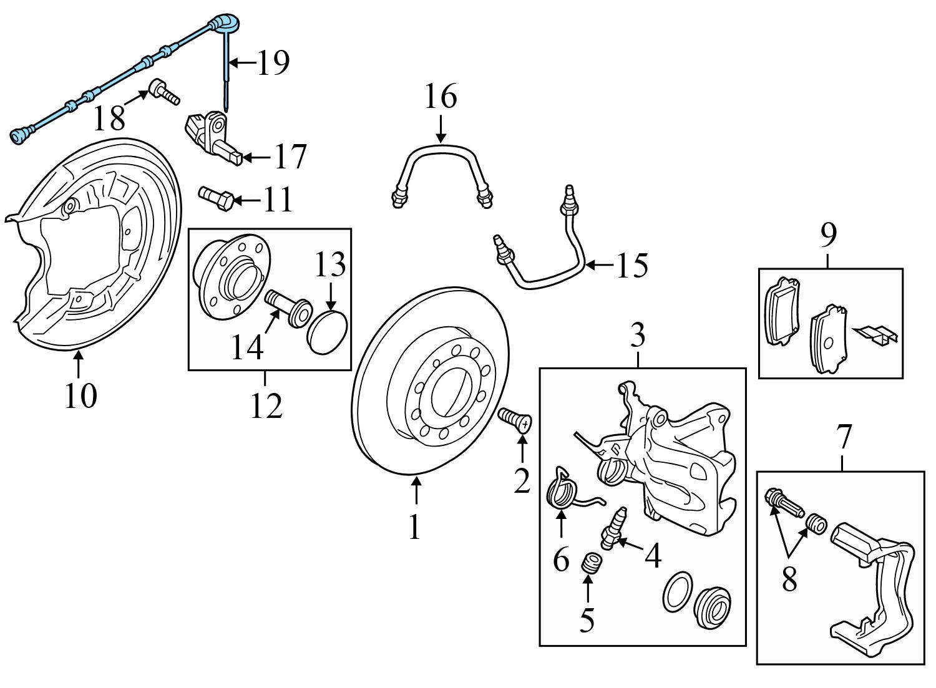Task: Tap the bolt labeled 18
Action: coord(165,92)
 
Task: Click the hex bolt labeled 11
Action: coord(215,199)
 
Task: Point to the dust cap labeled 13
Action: coord(327,332)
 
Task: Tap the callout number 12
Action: coord(266,405)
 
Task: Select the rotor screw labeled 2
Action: coord(514,421)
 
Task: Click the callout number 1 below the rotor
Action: coord(414,526)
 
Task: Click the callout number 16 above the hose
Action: coord(441,96)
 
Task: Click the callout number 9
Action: coord(829,235)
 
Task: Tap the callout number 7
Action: coord(843,437)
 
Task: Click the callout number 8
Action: coord(789,579)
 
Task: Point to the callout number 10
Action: coord(81,395)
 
